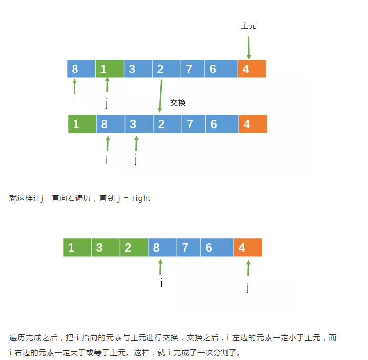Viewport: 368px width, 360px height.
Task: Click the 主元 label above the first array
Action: (x=248, y=26)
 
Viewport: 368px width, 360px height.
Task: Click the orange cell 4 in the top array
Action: (x=252, y=69)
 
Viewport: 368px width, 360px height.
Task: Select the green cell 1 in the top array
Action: (x=109, y=69)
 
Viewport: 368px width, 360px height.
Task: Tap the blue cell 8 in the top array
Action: (x=81, y=69)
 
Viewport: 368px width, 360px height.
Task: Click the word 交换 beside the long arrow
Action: (x=178, y=103)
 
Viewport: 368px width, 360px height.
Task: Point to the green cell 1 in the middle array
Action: (x=82, y=124)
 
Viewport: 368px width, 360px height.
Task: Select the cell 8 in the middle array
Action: (x=110, y=124)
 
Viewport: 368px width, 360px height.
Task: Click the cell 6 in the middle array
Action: (x=222, y=124)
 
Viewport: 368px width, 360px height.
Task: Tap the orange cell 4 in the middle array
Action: (x=253, y=124)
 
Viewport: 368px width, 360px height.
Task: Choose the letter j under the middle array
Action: (x=136, y=160)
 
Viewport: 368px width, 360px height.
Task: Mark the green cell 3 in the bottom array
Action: (x=105, y=247)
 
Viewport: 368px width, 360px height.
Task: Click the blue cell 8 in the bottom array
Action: (x=162, y=247)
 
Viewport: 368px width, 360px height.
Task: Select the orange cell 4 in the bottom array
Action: (x=248, y=247)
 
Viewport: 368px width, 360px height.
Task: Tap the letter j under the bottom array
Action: (x=247, y=288)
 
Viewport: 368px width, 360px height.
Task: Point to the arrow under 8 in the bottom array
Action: (x=160, y=267)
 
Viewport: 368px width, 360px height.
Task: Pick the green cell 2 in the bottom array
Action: (x=134, y=247)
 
